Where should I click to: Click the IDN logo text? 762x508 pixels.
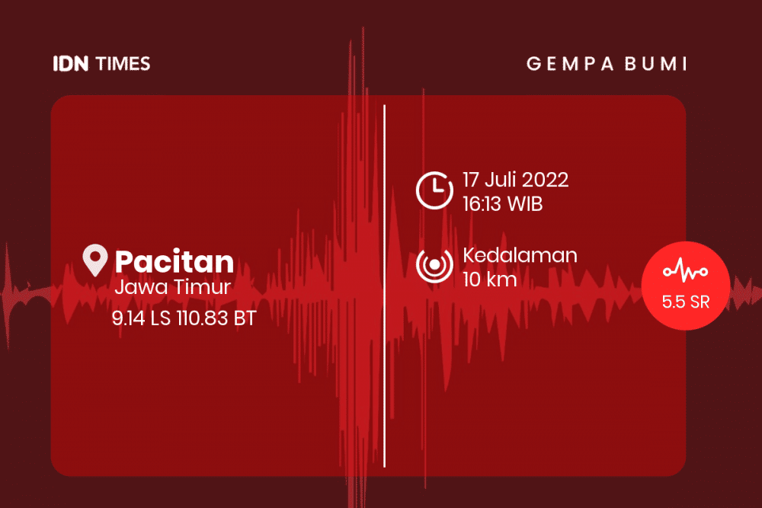pyautogui.click(x=71, y=64)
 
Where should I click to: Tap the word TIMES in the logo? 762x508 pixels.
pyautogui.click(x=123, y=64)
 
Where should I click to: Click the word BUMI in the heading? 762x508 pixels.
pyautogui.click(x=656, y=64)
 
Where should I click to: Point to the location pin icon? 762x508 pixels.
pyautogui.click(x=94, y=260)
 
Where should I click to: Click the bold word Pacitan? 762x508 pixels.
pyautogui.click(x=174, y=261)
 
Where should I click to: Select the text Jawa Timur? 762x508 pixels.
pyautogui.click(x=172, y=287)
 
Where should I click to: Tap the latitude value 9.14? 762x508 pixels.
pyautogui.click(x=128, y=318)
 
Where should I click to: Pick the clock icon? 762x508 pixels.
pyautogui.click(x=434, y=190)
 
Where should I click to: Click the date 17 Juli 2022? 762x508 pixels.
pyautogui.click(x=515, y=180)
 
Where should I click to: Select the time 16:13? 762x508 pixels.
pyautogui.click(x=482, y=204)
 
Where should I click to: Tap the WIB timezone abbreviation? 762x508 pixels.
pyautogui.click(x=524, y=204)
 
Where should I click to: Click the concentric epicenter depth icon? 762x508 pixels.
pyautogui.click(x=434, y=265)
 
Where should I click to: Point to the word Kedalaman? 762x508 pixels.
pyautogui.click(x=520, y=255)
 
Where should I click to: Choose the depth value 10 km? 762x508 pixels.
pyautogui.click(x=489, y=280)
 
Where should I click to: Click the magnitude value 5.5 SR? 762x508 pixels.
pyautogui.click(x=686, y=302)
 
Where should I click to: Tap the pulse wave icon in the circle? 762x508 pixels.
pyautogui.click(x=685, y=270)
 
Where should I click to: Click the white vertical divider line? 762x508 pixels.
pyautogui.click(x=384, y=286)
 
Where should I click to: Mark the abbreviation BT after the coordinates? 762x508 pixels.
pyautogui.click(x=245, y=318)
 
